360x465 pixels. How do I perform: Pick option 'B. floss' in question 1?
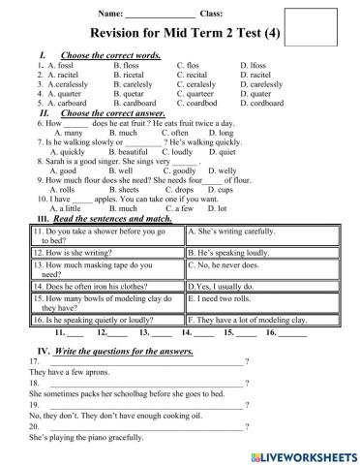click(x=129, y=65)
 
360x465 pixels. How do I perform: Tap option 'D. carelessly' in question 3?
click(x=262, y=82)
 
